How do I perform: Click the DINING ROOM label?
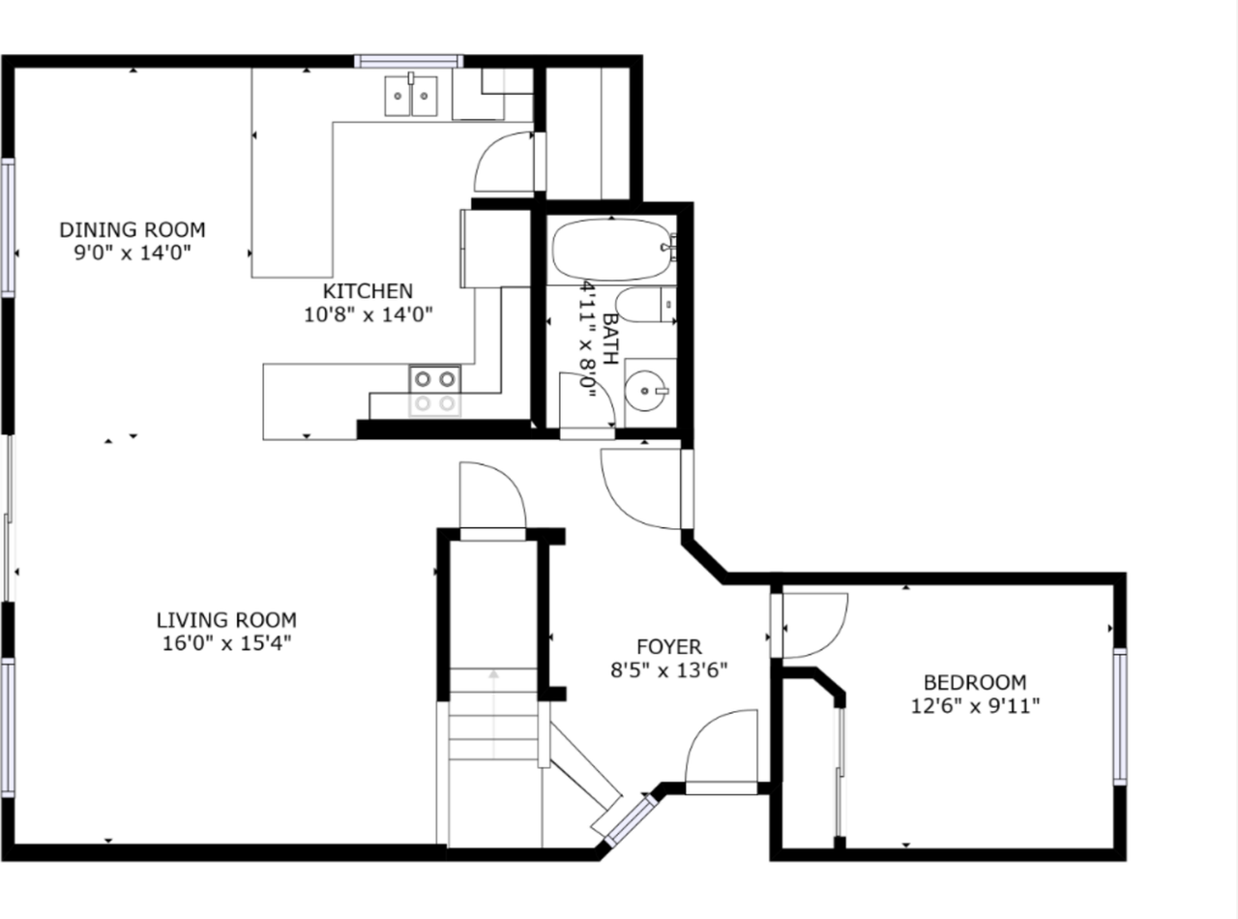tap(133, 229)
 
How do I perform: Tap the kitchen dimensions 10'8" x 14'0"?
tap(368, 314)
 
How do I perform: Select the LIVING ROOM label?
tap(226, 620)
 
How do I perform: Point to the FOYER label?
tap(668, 646)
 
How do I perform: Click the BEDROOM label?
tap(975, 682)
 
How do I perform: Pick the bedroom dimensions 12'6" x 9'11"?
tap(975, 706)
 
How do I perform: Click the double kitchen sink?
tap(411, 96)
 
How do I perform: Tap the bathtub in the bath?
tap(611, 250)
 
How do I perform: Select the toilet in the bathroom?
tap(646, 305)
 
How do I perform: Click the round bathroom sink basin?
tap(645, 391)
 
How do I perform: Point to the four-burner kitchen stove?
tap(435, 391)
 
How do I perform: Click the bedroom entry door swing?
tap(815, 625)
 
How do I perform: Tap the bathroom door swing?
tap(587, 400)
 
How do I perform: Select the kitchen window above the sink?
tap(409, 61)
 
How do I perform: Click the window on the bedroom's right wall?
tap(1120, 717)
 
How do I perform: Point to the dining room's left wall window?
tap(8, 227)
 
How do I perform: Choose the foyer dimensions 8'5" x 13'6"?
tap(668, 670)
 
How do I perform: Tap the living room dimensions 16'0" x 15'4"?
tap(226, 643)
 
